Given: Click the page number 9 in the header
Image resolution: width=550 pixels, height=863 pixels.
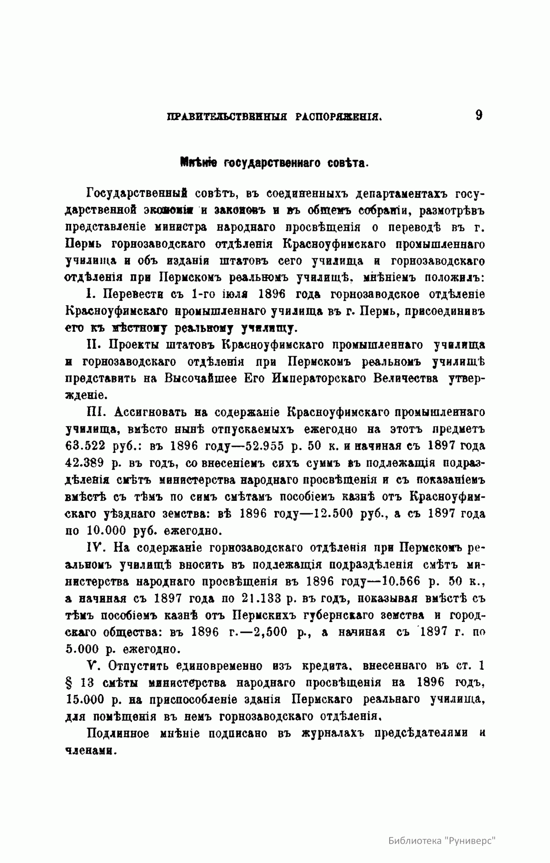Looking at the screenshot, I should coord(478,115).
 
